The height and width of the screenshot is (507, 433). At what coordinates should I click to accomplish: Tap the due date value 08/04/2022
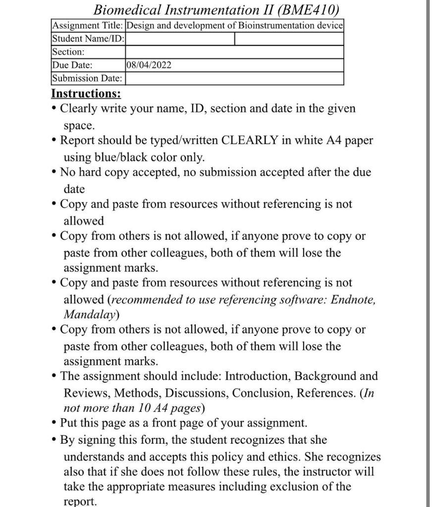(x=149, y=65)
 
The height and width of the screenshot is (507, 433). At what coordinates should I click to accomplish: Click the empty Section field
(x=234, y=52)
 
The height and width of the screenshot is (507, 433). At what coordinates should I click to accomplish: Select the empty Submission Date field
(x=234, y=78)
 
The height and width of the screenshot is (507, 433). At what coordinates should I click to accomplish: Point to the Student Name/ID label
(x=88, y=39)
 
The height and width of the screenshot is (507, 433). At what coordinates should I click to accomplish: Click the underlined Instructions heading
(x=86, y=94)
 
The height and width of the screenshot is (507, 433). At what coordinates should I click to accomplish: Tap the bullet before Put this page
(x=54, y=424)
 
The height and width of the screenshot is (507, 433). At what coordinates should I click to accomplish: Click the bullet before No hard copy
(x=54, y=173)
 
